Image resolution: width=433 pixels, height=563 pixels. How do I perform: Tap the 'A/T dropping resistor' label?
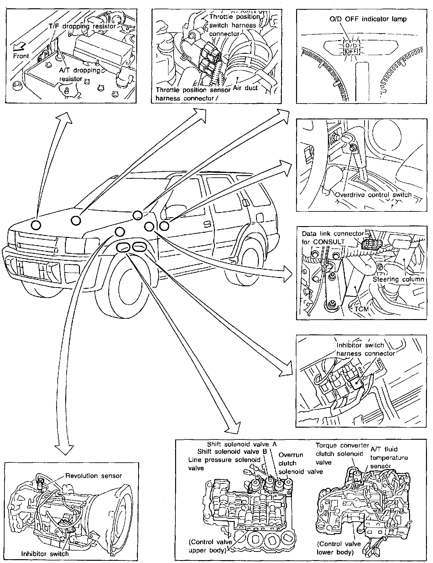coord(80,74)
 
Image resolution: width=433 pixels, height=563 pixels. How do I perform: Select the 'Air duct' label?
coord(245,88)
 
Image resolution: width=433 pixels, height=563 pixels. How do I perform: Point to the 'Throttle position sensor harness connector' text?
coord(193,94)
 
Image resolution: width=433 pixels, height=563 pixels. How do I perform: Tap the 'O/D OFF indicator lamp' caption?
coord(368,19)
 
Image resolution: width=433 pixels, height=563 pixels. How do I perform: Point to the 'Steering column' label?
coord(398,279)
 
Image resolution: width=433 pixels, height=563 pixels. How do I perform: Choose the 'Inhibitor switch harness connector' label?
coord(365,349)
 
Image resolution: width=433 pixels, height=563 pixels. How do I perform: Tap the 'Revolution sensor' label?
coord(94,476)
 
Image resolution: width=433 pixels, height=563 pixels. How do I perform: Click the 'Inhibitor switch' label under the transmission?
coord(45,553)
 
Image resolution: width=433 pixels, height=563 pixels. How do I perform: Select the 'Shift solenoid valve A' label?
coord(242,444)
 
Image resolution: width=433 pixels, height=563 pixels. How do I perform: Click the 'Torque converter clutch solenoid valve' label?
coord(342,454)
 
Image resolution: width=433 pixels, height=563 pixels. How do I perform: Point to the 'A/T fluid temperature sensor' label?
coord(389,458)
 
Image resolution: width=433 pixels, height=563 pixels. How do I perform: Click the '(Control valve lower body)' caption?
coord(339,548)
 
